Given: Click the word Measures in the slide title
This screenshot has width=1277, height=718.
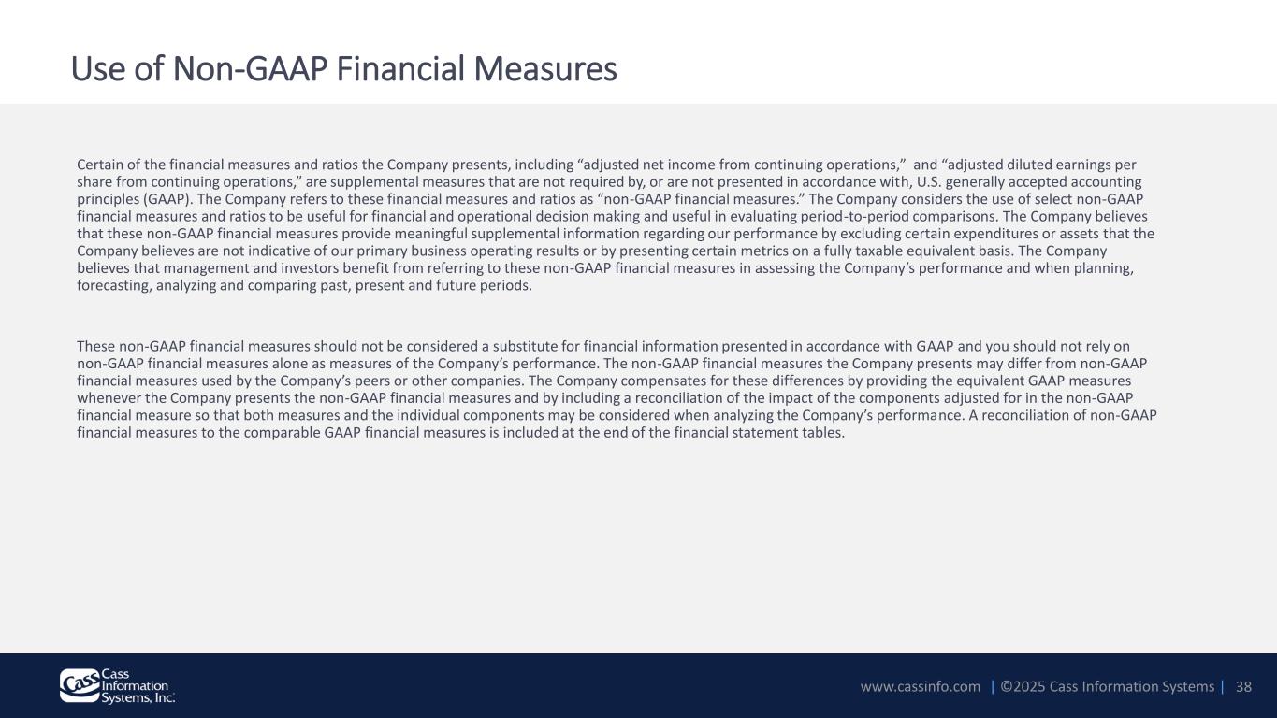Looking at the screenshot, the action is (x=545, y=69).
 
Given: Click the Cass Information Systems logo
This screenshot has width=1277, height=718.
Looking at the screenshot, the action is (x=118, y=686).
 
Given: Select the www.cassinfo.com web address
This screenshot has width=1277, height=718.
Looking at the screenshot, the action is (x=921, y=686).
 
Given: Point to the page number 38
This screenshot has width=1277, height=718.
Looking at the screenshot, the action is (x=1243, y=686).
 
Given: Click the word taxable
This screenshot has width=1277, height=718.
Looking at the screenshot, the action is (x=878, y=251).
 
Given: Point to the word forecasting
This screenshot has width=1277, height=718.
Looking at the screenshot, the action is (x=114, y=285).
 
